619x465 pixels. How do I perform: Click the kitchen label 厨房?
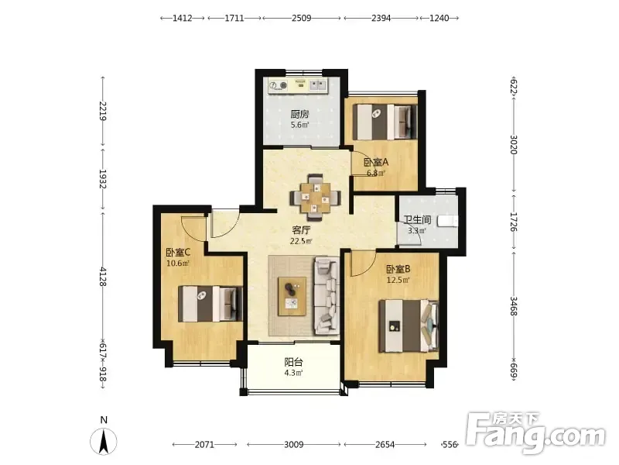[x=299, y=114]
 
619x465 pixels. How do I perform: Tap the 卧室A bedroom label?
[x=376, y=162]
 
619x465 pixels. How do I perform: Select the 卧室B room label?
[x=398, y=269]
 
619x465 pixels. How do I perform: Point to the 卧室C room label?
[x=178, y=252]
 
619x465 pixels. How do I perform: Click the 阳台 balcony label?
[x=293, y=362]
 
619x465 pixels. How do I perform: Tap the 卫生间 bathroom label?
[x=417, y=219]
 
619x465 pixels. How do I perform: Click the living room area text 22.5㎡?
[x=301, y=241]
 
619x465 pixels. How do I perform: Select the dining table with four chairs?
[x=316, y=197]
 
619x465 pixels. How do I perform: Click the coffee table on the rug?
[x=292, y=297]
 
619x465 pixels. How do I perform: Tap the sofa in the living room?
[x=327, y=294]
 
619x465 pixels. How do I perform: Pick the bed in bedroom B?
[x=409, y=325]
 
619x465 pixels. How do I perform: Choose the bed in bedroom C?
[x=210, y=304]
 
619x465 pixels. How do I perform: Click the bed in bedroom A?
[x=385, y=122]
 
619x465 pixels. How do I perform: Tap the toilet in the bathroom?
[x=447, y=221]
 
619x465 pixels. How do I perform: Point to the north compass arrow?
[x=104, y=441]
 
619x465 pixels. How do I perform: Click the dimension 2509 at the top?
[x=302, y=18]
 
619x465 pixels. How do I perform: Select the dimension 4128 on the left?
[x=103, y=277]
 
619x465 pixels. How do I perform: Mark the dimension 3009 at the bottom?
[x=294, y=445]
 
